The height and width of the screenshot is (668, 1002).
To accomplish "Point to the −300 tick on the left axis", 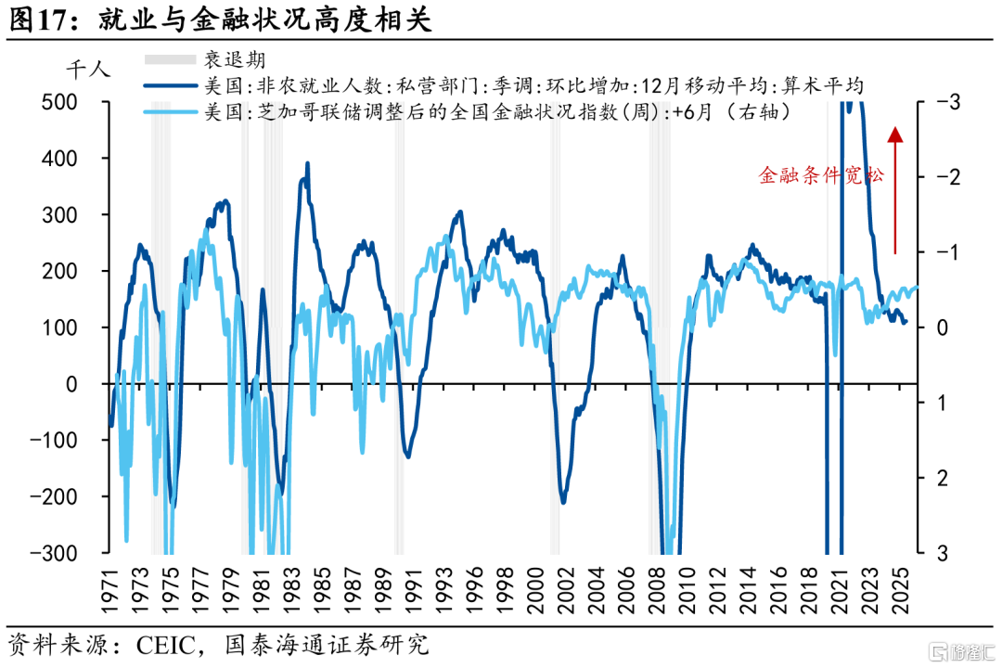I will coord(59,553).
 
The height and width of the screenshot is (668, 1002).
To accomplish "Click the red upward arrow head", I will coord(895,135).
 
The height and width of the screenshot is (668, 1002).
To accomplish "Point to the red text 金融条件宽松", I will coord(821,175).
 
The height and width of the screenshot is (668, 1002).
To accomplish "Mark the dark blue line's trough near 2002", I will coord(563,502).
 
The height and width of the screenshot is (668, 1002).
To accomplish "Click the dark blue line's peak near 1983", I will coord(307,164).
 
